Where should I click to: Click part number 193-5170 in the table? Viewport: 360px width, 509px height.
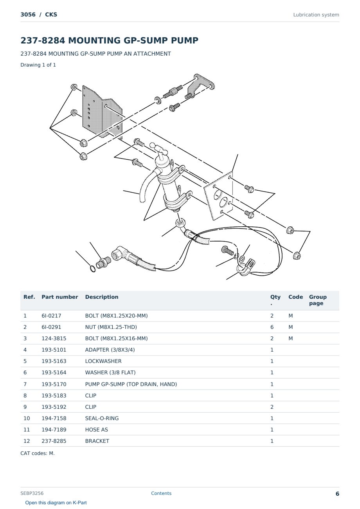tap(54, 384)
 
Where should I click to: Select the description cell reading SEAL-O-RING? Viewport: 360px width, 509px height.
tap(102, 418)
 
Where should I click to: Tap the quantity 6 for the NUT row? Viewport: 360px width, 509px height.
tap(272, 327)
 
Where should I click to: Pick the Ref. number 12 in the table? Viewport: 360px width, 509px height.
tap(27, 441)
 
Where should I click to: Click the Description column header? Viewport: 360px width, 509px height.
tap(102, 297)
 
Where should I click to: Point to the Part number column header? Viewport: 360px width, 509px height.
tap(60, 297)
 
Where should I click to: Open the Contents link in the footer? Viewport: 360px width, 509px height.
tap(161, 493)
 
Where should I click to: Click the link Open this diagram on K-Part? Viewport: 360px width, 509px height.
tap(56, 503)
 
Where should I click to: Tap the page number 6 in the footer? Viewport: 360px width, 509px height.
tap(337, 494)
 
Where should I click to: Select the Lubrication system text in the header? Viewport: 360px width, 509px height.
tap(316, 15)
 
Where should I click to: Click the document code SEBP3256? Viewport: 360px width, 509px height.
tap(32, 493)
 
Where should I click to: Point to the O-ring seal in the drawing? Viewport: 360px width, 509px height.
tap(93, 269)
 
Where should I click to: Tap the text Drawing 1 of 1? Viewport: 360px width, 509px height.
tap(38, 65)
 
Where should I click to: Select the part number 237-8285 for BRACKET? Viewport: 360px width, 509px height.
tap(54, 441)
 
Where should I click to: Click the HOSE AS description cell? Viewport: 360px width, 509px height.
tap(97, 430)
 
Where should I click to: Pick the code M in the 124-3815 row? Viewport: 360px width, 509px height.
tap(290, 338)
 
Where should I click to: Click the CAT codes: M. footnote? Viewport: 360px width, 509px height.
tap(38, 453)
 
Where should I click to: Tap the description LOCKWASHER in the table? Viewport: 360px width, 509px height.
tap(103, 361)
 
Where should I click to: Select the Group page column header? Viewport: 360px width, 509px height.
tap(318, 300)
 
